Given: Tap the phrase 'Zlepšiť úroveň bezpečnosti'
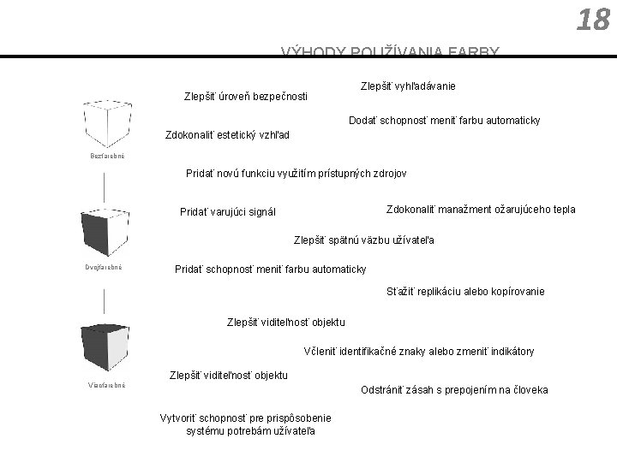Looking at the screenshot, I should [x=246, y=96].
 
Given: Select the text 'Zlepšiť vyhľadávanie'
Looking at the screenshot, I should [x=408, y=86].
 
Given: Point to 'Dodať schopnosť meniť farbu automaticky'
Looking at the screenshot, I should [x=444, y=121].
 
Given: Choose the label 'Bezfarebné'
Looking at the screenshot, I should [x=107, y=156].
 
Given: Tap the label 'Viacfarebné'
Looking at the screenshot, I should [x=106, y=385].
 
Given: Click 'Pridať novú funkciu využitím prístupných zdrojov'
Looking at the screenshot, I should [x=297, y=173].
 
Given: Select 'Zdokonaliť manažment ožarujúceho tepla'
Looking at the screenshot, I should [x=481, y=210].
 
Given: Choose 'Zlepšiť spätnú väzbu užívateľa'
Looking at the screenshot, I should [x=364, y=240].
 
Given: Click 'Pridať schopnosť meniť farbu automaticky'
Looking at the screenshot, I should [x=270, y=269].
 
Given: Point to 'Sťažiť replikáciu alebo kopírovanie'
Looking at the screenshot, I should [x=466, y=292].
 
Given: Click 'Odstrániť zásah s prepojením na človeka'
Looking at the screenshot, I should [x=454, y=390].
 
